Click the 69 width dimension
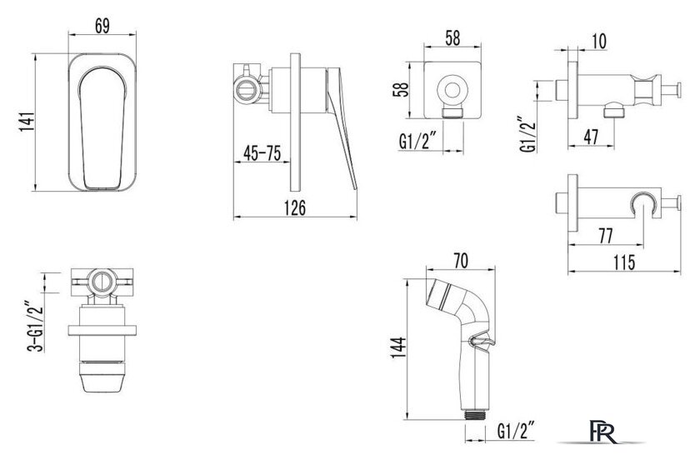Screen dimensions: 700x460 (x=102, y=26)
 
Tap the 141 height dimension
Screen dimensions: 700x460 (x=27, y=122)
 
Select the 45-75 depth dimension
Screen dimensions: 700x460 (x=262, y=153)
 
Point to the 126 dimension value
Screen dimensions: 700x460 (x=295, y=207)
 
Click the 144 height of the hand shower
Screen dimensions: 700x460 (x=398, y=347)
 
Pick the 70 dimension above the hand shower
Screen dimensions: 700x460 (x=461, y=261)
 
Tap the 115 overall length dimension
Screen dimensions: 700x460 (x=624, y=262)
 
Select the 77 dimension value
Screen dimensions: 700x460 (x=605, y=236)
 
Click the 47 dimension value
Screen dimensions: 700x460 (x=591, y=137)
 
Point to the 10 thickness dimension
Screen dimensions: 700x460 (x=599, y=41)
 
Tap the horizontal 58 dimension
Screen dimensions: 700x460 (x=452, y=38)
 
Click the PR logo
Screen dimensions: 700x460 (x=602, y=432)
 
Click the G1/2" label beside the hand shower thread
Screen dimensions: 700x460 (x=517, y=431)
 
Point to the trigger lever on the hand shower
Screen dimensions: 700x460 (x=482, y=342)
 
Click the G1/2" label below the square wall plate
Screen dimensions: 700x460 (x=421, y=142)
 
